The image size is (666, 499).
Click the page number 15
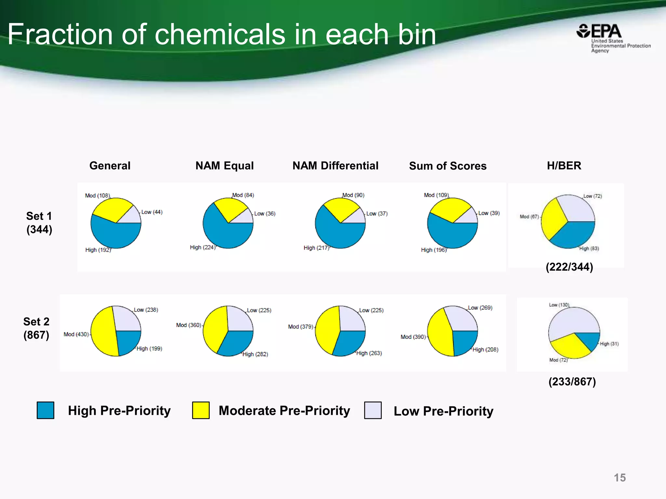(x=619, y=478)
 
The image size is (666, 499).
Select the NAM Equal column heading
(x=224, y=166)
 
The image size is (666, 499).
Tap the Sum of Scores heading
(x=447, y=166)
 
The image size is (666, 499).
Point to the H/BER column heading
(x=564, y=166)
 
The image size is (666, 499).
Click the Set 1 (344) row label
(x=39, y=223)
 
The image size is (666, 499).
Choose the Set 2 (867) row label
(x=36, y=328)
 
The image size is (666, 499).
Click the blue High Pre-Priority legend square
(x=46, y=410)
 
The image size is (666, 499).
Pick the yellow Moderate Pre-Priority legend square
(x=201, y=410)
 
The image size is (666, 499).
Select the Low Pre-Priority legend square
(x=373, y=410)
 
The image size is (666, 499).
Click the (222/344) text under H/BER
(x=569, y=267)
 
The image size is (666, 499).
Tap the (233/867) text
(x=572, y=382)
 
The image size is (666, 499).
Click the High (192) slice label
(x=98, y=250)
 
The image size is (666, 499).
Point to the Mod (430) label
(x=76, y=334)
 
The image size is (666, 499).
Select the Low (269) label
(x=480, y=308)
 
